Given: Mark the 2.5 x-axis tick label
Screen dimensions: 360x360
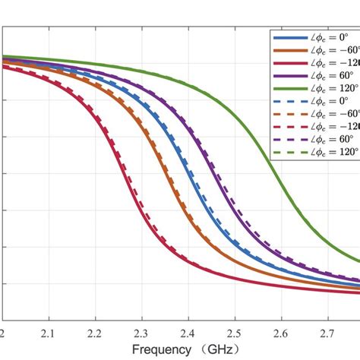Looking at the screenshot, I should [x=235, y=333].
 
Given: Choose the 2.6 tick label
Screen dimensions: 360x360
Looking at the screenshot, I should [x=281, y=333].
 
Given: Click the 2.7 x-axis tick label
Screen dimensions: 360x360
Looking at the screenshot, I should [x=327, y=333].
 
